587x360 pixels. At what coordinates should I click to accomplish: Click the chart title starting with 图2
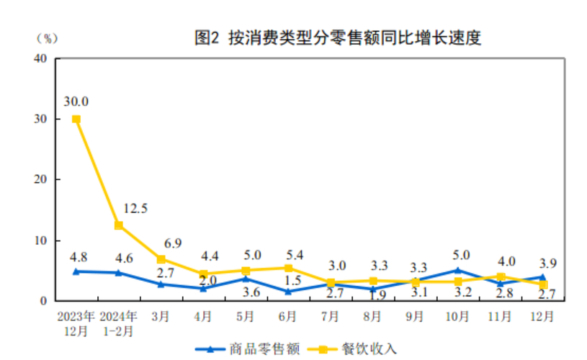click(337, 38)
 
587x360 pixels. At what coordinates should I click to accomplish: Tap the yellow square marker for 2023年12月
click(76, 119)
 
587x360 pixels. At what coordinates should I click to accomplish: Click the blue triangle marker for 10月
click(457, 271)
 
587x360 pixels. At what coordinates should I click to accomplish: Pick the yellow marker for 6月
click(288, 268)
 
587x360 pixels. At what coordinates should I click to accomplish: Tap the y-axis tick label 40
click(41, 58)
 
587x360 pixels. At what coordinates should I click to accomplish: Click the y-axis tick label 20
click(41, 179)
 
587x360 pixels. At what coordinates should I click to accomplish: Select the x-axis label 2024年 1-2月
click(118, 323)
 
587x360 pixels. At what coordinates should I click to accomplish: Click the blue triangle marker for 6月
click(288, 292)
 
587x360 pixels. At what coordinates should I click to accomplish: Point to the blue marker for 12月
click(542, 276)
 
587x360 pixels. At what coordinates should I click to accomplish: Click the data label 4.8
click(79, 256)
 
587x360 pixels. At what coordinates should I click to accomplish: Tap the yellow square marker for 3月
click(161, 259)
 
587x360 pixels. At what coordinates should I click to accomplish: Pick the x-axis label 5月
click(246, 317)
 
